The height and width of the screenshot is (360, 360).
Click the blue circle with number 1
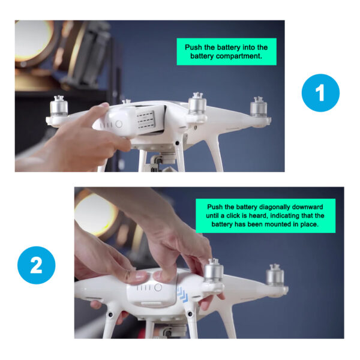coord(320,93)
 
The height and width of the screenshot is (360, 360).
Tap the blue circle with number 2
coord(36,265)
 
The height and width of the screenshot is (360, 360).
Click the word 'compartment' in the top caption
coord(239,56)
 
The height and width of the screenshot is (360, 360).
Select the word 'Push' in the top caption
coord(193,47)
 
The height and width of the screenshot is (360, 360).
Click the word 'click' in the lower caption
coord(232,215)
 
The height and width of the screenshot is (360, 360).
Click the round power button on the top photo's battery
coord(119,124)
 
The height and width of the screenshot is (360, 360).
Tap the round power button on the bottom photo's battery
coord(158,287)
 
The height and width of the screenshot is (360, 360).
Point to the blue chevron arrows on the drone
coord(182,295)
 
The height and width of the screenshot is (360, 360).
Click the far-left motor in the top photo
coord(59,106)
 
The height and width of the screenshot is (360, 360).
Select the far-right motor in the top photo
coord(259,107)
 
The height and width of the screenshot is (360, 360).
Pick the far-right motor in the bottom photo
coord(275,275)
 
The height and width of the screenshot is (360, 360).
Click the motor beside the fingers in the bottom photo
coord(214,271)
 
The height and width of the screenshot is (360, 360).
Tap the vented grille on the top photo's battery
coord(145,120)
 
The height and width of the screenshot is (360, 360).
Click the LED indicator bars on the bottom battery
coord(143,287)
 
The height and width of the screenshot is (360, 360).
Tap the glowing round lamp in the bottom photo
coord(95,215)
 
